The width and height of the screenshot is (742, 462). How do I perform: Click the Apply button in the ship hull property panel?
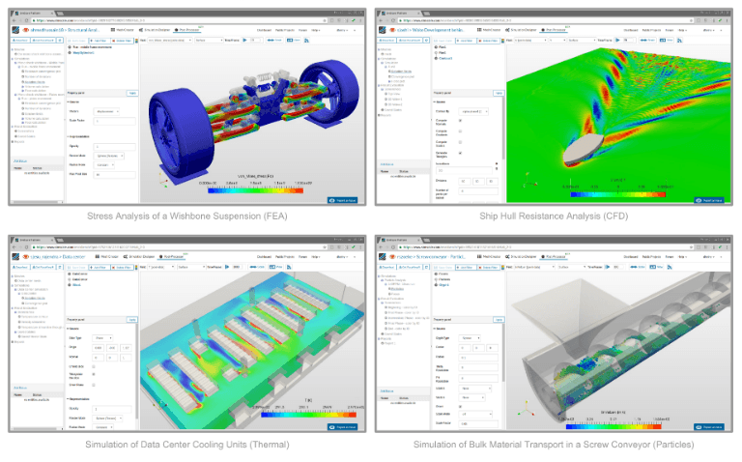(499, 92)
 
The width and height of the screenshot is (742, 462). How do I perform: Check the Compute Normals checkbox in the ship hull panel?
(459, 131)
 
